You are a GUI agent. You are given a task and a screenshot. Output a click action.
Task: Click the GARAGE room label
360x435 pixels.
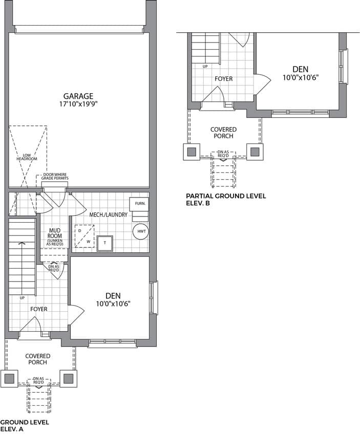click(78, 96)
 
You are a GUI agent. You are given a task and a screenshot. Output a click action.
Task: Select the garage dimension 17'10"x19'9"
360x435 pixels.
click(79, 104)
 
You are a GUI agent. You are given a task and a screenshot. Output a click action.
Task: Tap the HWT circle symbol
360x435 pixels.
click(141, 231)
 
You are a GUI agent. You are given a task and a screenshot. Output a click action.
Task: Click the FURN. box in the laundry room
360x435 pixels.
click(139, 204)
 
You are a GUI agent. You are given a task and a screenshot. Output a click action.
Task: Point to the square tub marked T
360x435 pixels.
click(105, 243)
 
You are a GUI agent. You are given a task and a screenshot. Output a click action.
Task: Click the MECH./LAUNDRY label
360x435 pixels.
click(108, 215)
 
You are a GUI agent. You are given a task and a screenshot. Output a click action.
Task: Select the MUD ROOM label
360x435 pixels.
click(55, 233)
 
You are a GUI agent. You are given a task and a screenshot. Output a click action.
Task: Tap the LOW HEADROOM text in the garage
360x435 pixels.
click(27, 157)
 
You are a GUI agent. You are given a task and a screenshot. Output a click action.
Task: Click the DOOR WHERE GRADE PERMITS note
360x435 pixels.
click(55, 177)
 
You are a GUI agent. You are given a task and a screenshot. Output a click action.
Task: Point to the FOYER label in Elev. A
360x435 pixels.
click(38, 309)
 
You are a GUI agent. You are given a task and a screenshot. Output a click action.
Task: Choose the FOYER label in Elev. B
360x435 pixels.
click(223, 79)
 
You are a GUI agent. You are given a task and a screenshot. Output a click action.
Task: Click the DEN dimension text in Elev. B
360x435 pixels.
click(300, 77)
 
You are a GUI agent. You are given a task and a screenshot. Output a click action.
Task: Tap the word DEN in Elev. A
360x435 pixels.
click(113, 296)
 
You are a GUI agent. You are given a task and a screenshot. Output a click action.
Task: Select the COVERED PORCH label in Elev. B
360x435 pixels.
click(223, 133)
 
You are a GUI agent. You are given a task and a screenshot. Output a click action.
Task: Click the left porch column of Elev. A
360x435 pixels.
click(9, 378)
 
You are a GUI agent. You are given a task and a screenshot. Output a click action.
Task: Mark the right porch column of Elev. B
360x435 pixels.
click(255, 152)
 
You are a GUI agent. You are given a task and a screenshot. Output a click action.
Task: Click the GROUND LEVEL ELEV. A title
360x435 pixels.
click(25, 426)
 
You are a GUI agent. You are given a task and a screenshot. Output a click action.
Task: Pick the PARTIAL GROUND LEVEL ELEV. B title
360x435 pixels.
click(226, 200)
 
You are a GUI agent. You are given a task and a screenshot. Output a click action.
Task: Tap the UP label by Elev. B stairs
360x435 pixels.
click(205, 67)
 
